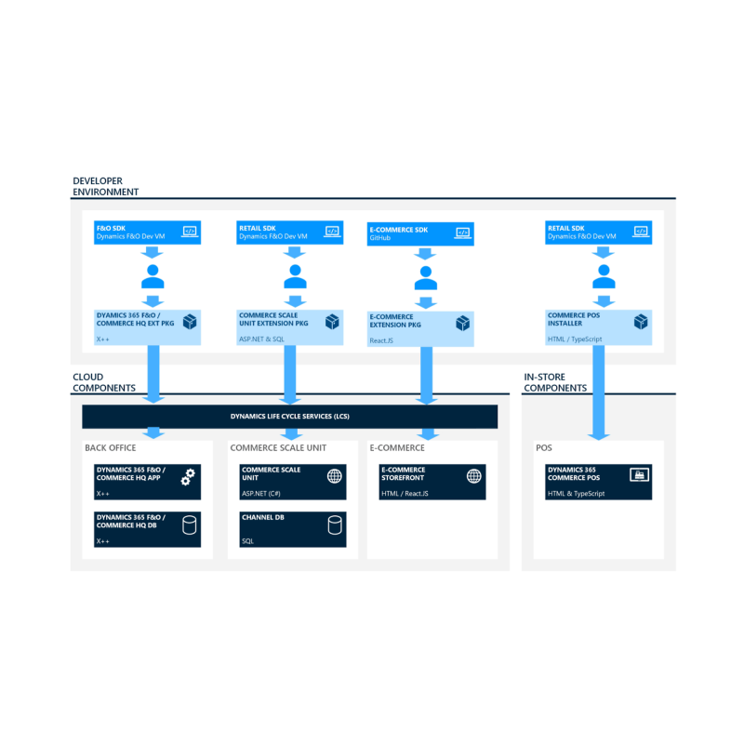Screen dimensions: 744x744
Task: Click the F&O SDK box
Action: click(147, 232)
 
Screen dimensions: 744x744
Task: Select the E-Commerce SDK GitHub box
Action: click(420, 234)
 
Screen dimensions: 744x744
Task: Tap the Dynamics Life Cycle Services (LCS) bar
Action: click(290, 417)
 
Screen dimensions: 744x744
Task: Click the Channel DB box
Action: click(293, 529)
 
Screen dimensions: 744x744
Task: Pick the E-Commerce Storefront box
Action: click(432, 482)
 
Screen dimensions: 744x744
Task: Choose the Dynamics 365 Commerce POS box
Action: click(598, 482)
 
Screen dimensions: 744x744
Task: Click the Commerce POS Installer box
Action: click(598, 327)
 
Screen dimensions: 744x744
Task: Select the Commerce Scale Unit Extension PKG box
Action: click(290, 327)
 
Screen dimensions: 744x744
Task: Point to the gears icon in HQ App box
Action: click(188, 477)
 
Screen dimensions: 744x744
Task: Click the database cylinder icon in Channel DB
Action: click(335, 525)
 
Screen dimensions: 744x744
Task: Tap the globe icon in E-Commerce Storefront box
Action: click(474, 476)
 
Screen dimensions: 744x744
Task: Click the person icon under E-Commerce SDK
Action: click(426, 278)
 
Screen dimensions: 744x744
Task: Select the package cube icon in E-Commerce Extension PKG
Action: click(462, 323)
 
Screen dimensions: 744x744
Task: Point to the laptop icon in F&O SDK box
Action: click(190, 232)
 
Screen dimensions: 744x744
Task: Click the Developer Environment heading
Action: click(105, 187)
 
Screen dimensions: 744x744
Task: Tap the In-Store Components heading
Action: click(555, 382)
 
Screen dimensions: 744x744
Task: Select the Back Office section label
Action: click(110, 448)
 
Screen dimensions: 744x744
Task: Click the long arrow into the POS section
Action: click(599, 392)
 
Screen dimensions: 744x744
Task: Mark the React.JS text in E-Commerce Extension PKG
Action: click(381, 340)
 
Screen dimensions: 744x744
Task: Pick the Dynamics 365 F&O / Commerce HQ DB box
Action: click(147, 529)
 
